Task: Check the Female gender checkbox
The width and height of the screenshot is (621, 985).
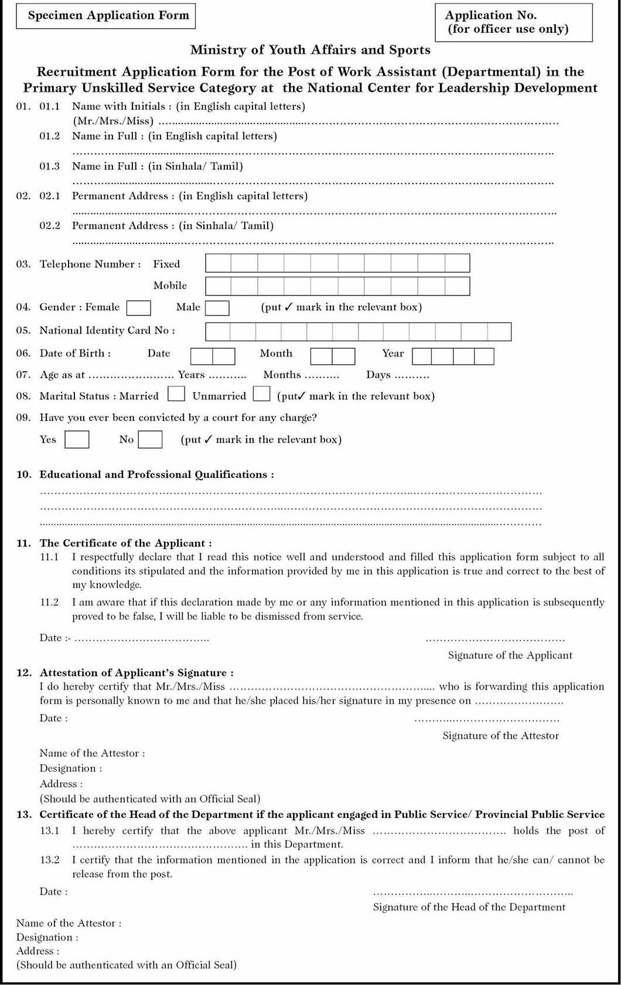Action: point(139,308)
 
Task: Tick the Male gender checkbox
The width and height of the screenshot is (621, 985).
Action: point(217,308)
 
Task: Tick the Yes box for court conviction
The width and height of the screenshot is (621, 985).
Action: point(77,439)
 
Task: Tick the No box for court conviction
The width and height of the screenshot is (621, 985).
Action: point(150,439)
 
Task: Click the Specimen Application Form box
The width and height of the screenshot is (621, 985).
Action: point(108,16)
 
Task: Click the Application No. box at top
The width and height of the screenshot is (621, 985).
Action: point(513,22)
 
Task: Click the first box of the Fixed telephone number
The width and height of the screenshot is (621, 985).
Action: point(218,263)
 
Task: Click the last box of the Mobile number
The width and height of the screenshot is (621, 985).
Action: point(457,286)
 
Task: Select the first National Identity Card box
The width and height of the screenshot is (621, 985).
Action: point(217,331)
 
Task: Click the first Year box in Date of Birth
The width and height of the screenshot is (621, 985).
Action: point(422,356)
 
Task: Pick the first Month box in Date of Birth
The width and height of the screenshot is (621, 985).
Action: point(321,356)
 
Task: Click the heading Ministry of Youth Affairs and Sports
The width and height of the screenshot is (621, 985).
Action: point(310,50)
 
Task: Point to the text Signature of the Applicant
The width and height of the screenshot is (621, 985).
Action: point(510,655)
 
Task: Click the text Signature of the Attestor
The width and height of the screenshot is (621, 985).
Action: point(500,735)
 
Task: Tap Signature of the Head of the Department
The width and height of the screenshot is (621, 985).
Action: point(469,907)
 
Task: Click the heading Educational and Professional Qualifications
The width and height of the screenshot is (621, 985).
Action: point(156,474)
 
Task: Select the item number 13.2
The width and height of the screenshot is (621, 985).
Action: point(50,860)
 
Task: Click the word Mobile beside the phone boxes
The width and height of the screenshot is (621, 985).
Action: point(170,286)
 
